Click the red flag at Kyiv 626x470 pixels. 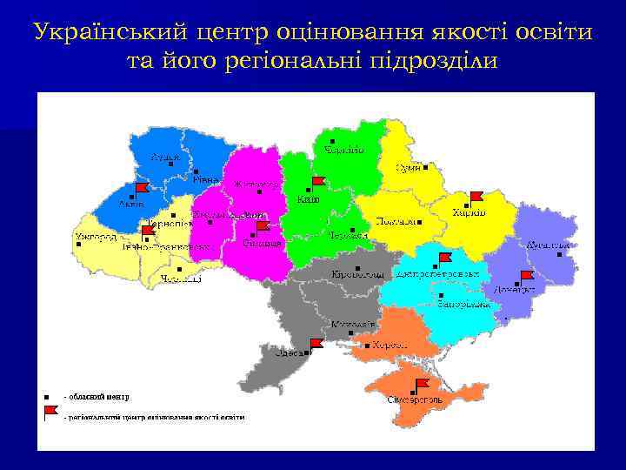(317, 181)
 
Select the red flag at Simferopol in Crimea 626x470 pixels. (423, 384)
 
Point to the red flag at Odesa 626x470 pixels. (316, 343)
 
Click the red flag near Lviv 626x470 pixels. (141, 188)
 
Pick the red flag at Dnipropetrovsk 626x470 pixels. (445, 258)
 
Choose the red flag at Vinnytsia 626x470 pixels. (262, 227)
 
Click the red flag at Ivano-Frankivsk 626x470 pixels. (147, 232)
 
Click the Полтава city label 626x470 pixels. (395, 222)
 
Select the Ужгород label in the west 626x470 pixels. (95, 236)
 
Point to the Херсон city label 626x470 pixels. (390, 346)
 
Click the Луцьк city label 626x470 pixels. (166, 157)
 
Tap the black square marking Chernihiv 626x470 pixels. (333, 141)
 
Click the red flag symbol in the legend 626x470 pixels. (50, 411)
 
